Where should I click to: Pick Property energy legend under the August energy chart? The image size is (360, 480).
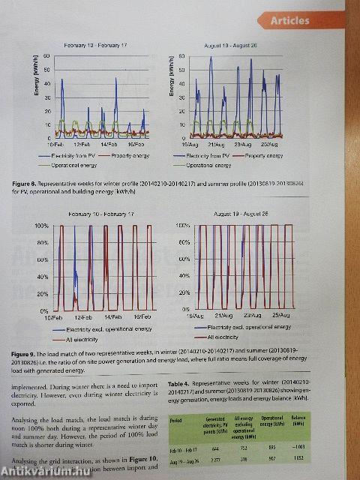263,156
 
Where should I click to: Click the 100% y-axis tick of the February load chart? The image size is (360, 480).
42,226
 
